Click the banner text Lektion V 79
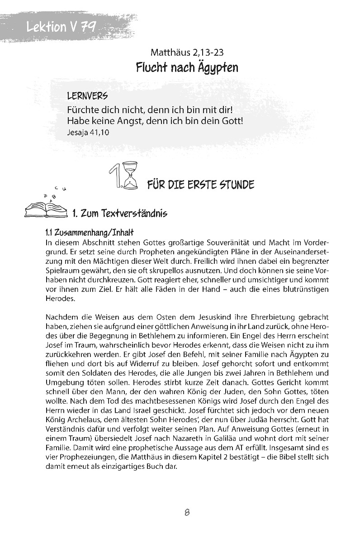coord(61,27)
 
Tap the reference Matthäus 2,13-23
coord(187,53)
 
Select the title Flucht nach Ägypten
coord(187,68)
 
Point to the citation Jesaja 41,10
coord(88,133)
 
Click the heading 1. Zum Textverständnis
coord(120,213)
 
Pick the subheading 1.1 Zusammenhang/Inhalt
coord(89,233)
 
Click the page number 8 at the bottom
coord(187,513)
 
